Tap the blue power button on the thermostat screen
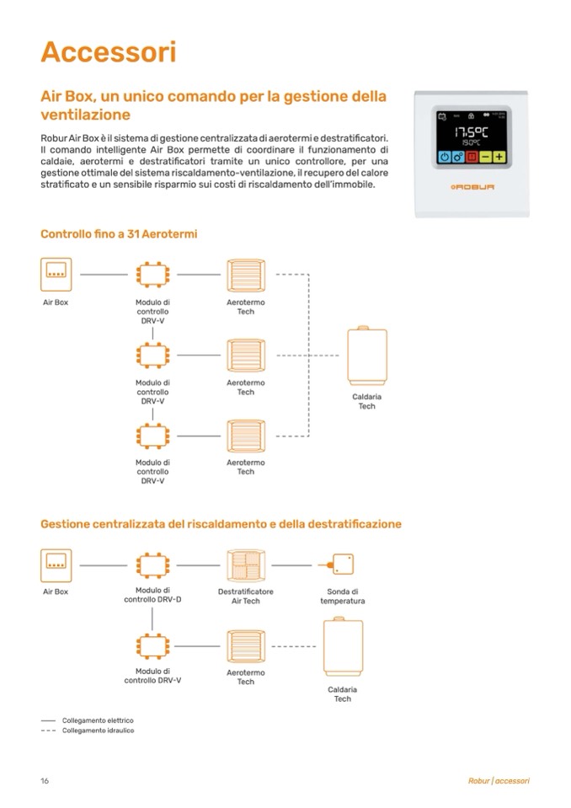pyautogui.click(x=444, y=156)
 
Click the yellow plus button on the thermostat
pyautogui.click(x=499, y=156)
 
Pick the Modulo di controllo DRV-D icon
pyautogui.click(x=152, y=565)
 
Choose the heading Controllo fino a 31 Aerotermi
pyautogui.click(x=119, y=233)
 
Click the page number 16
pyautogui.click(x=45, y=781)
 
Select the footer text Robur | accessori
pyautogui.click(x=499, y=781)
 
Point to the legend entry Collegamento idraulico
pyautogui.click(x=98, y=730)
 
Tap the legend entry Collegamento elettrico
pyautogui.click(x=98, y=720)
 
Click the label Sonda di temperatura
pyautogui.click(x=343, y=597)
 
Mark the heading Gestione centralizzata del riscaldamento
pyautogui.click(x=221, y=524)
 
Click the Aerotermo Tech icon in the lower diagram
pyautogui.click(x=246, y=645)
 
